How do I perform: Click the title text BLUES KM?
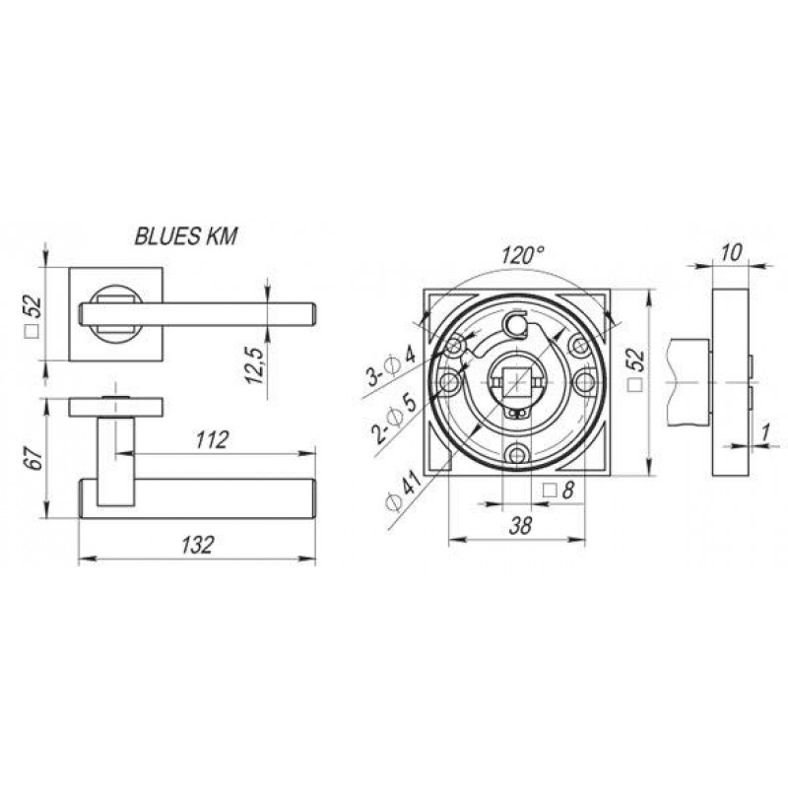(185, 236)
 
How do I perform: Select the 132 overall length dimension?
(198, 545)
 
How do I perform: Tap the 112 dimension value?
(212, 440)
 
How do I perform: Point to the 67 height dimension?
(34, 457)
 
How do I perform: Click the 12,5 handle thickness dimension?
(255, 365)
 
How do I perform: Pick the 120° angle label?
(522, 255)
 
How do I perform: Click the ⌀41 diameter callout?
(404, 489)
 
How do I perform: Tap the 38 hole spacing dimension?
(520, 526)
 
